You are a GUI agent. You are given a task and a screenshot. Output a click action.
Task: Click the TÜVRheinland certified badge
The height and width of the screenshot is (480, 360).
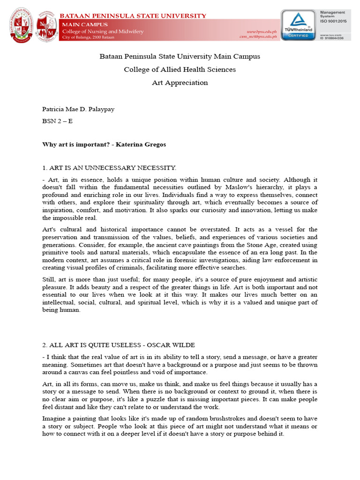(298, 25)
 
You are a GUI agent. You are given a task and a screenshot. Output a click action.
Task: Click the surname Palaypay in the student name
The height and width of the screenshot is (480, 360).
(100, 109)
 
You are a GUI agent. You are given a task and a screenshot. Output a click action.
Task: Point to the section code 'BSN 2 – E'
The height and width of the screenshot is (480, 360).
(57, 120)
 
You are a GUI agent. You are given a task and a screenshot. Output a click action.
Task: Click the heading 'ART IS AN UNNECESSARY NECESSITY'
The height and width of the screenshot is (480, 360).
(112, 168)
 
